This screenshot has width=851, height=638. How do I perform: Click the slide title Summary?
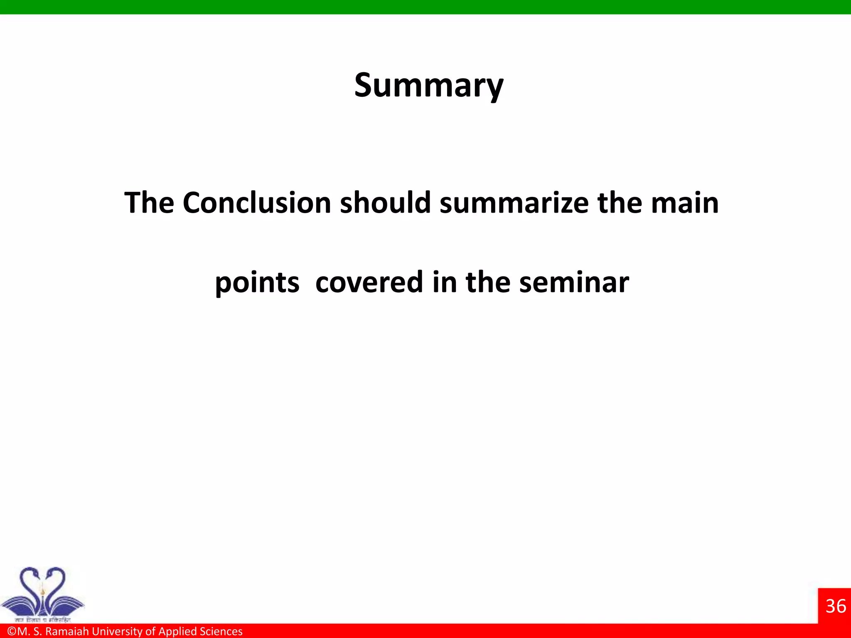coord(428,86)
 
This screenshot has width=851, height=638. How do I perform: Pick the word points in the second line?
coord(257,283)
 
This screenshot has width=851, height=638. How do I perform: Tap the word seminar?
coord(574,282)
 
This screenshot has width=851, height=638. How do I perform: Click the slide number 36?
coord(836,606)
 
